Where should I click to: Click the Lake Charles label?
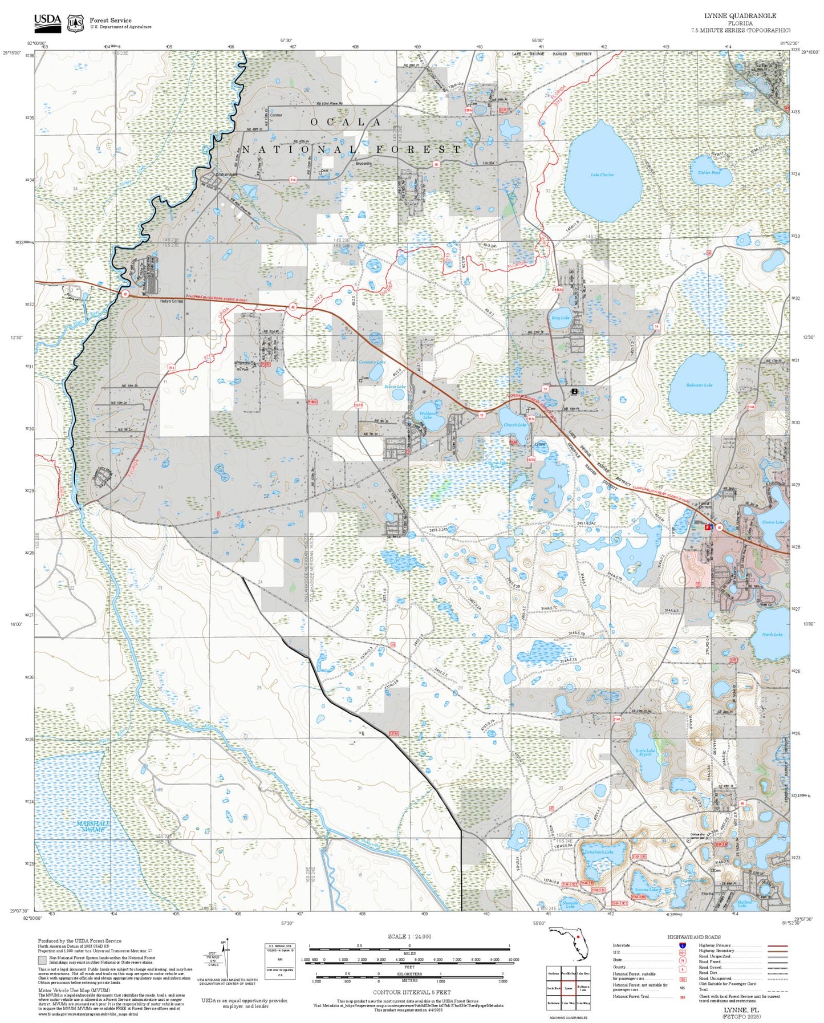[x=602, y=174]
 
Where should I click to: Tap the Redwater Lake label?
[x=699, y=385]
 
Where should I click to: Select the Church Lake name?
[x=514, y=425]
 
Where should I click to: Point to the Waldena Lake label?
[x=427, y=415]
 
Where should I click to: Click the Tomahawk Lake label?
[x=599, y=852]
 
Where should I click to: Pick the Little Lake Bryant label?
[x=646, y=753]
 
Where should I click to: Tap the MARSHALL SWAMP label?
[x=94, y=826]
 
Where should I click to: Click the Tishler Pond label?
[x=709, y=172]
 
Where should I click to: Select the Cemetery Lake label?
[x=372, y=362]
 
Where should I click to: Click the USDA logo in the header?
[x=47, y=22]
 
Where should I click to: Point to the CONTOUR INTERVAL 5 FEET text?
[x=411, y=992]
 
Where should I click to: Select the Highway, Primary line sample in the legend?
[x=778, y=945]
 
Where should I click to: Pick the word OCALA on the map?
[x=346, y=122]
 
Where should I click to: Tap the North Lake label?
[x=772, y=634]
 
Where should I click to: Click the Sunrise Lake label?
[x=646, y=890]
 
